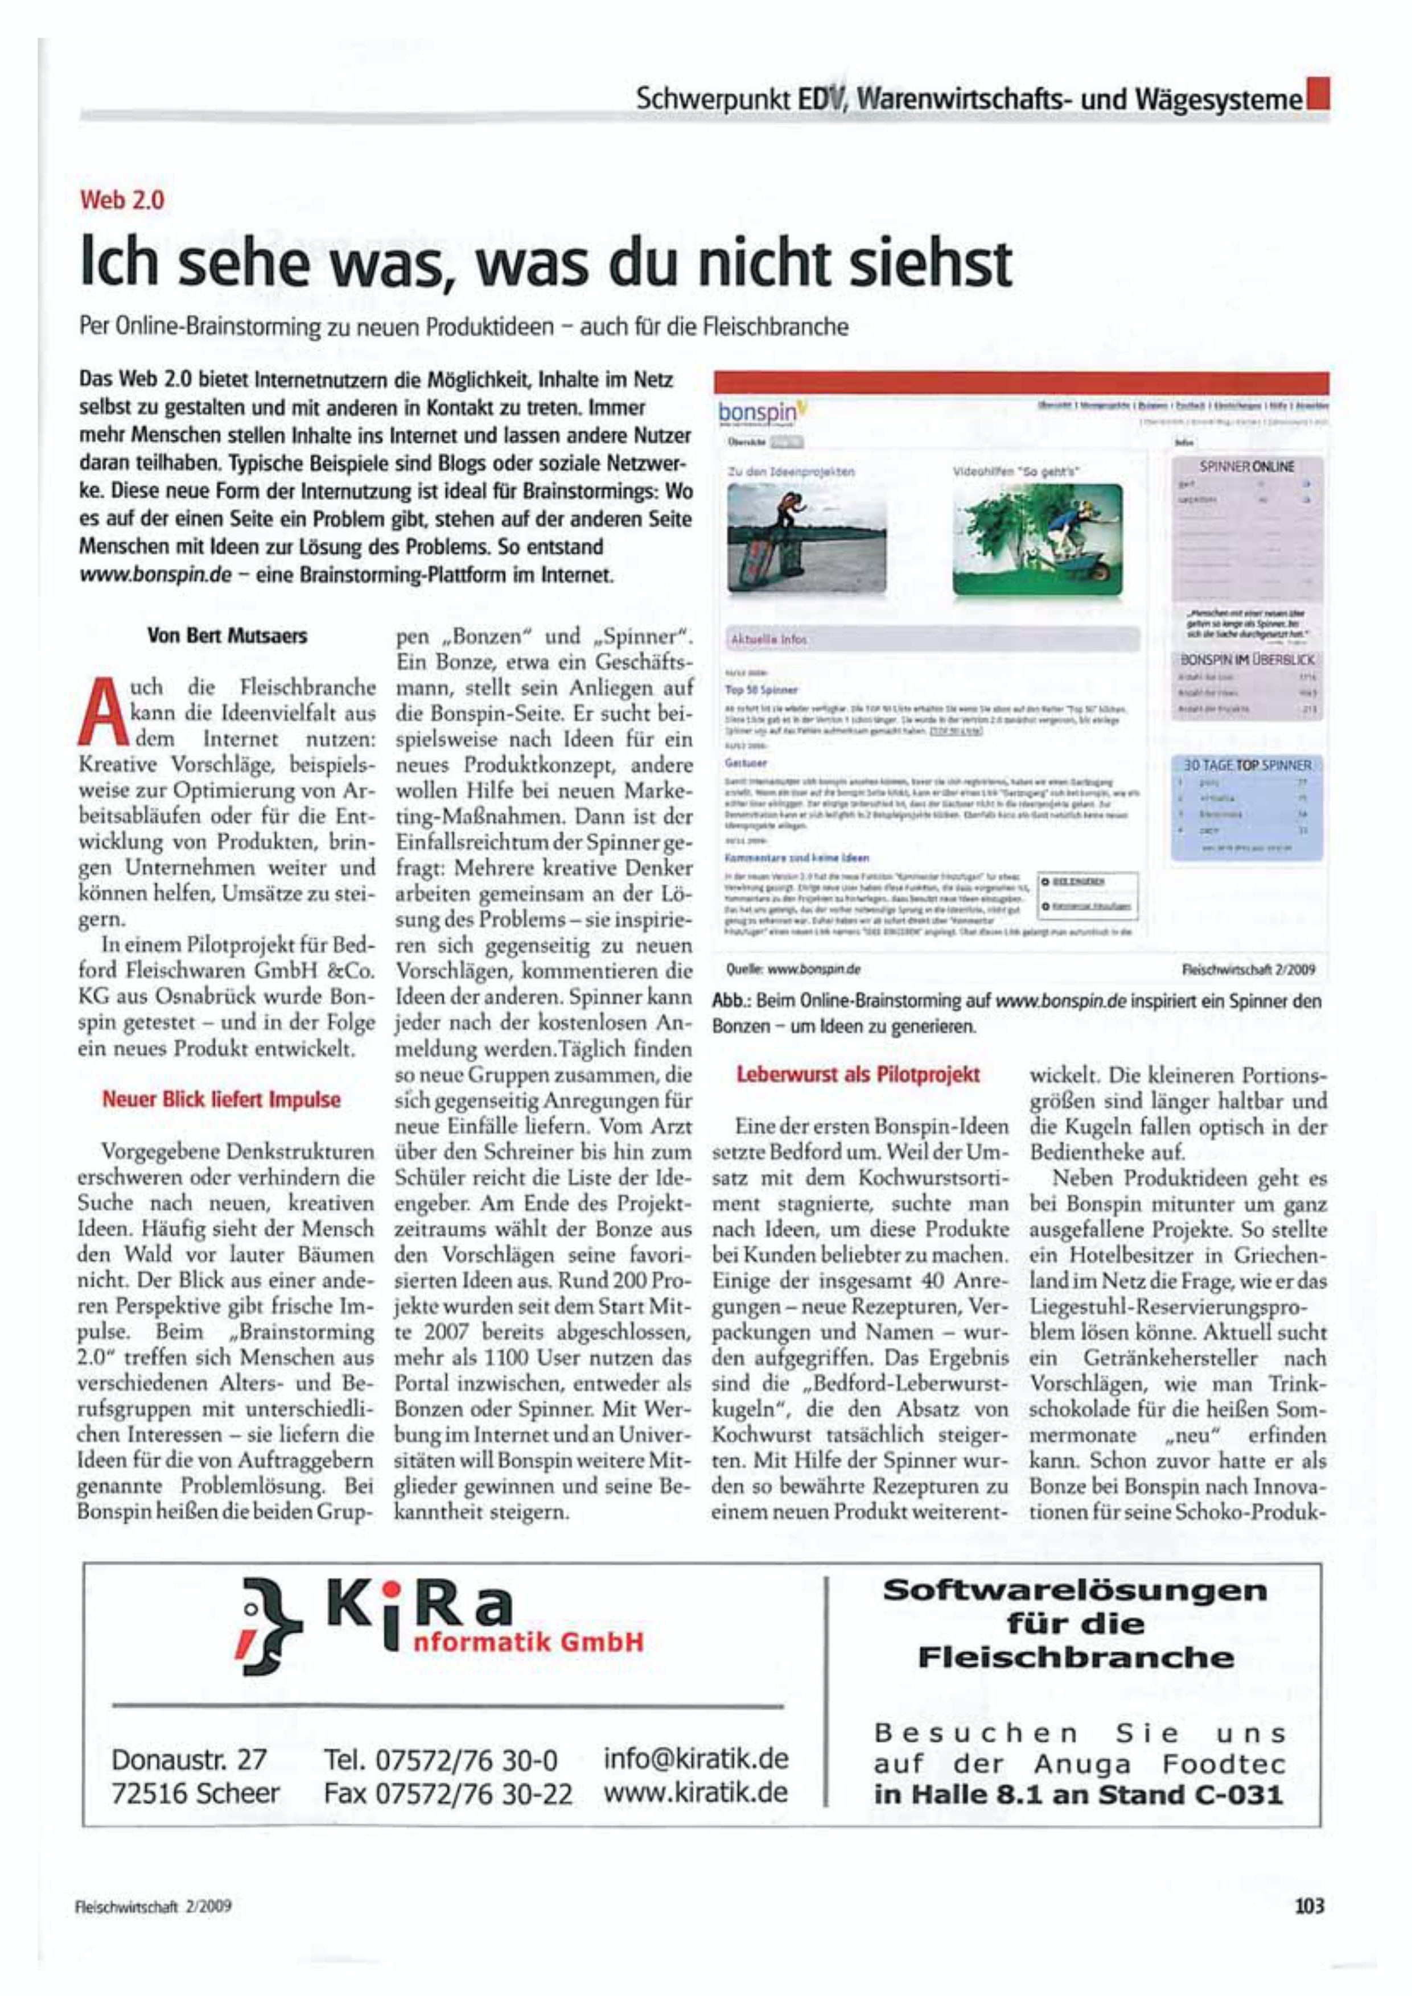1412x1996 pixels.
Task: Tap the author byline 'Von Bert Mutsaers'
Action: (x=227, y=636)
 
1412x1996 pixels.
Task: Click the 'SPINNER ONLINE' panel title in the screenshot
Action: (x=1248, y=467)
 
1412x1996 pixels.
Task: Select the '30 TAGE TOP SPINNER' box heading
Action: (x=1247, y=765)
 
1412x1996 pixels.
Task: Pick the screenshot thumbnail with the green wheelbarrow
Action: (x=1038, y=541)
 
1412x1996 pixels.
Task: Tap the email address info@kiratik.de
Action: (x=695, y=1759)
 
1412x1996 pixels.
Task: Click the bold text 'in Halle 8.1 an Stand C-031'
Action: (x=1078, y=1795)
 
